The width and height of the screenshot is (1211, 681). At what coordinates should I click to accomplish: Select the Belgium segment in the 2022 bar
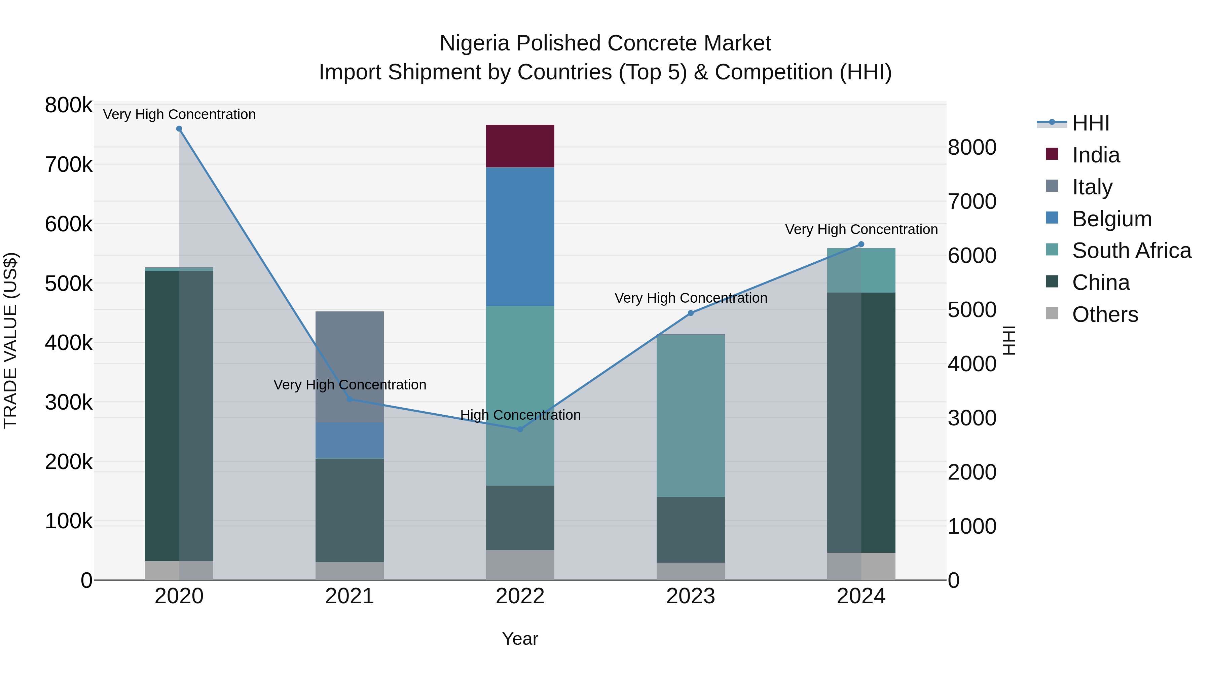point(520,236)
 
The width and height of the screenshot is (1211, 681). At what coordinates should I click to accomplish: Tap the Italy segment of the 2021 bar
point(349,367)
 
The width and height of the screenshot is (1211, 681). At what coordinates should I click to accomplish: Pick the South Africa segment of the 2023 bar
point(691,415)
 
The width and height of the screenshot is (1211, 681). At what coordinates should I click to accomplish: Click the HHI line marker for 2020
point(179,129)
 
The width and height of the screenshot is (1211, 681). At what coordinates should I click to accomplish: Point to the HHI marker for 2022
point(520,429)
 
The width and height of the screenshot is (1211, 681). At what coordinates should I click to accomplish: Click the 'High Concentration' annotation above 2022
point(520,415)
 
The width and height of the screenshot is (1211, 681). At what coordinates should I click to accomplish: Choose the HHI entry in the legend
point(1091,123)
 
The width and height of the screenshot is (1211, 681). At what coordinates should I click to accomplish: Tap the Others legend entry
point(1105,314)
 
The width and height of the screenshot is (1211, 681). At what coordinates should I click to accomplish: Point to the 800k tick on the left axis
point(69,105)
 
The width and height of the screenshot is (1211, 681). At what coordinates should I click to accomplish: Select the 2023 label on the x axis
point(691,596)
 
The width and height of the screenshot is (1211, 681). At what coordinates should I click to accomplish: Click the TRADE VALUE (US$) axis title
point(10,340)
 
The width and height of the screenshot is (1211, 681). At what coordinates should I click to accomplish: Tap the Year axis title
point(520,639)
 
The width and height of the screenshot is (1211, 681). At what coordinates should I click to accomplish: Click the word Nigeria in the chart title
point(474,43)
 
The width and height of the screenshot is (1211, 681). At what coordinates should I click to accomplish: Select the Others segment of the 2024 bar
point(861,566)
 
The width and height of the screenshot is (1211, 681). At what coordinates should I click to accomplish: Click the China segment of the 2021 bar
point(349,510)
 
